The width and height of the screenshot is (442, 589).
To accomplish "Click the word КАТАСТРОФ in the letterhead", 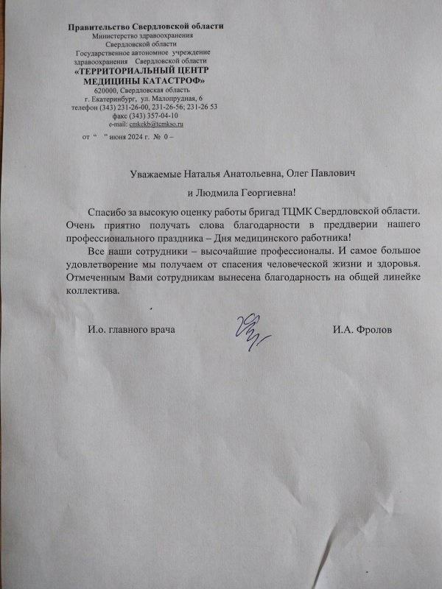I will [172, 80].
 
